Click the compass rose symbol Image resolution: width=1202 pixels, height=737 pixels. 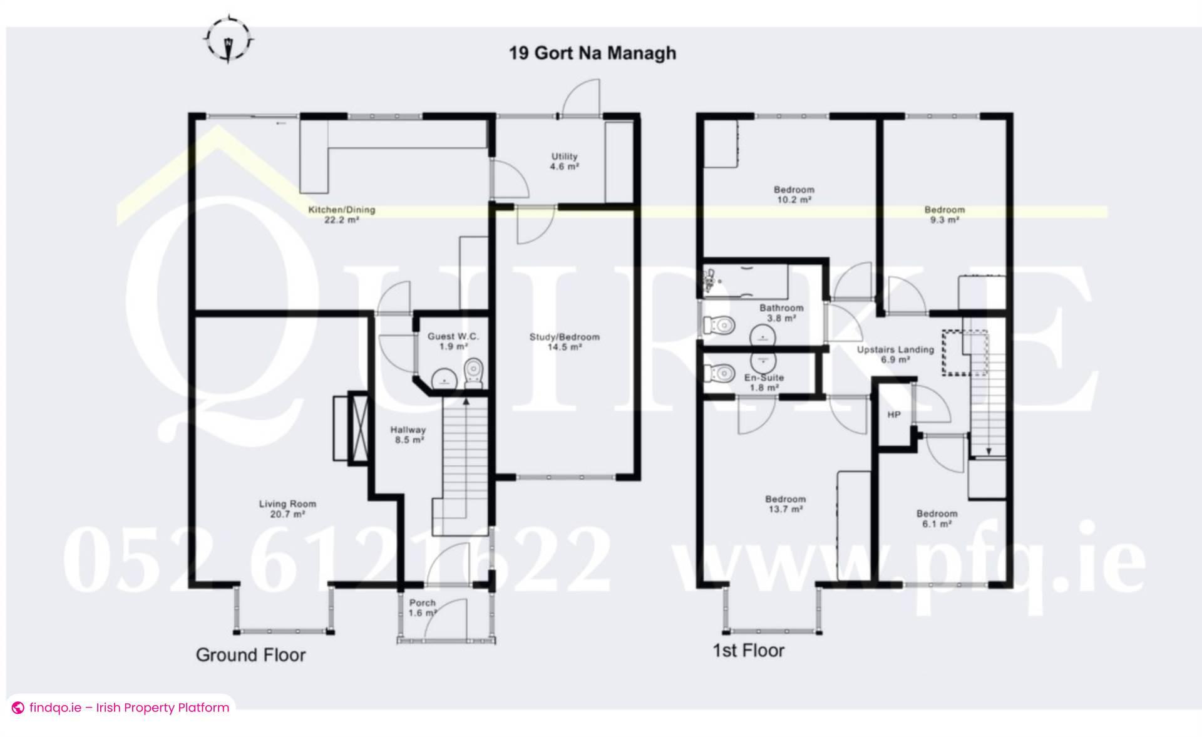click(229, 40)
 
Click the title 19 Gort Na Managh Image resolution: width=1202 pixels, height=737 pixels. click(592, 53)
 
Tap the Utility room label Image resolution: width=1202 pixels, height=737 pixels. click(564, 162)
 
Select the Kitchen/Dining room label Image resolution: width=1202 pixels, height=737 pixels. click(341, 214)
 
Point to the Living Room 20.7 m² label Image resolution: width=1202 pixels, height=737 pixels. click(287, 508)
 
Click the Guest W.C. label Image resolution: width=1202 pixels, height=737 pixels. click(453, 341)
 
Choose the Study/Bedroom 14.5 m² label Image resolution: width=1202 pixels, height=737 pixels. click(564, 341)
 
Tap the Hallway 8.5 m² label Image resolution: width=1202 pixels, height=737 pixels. click(408, 435)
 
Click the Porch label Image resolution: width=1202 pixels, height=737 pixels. click(423, 607)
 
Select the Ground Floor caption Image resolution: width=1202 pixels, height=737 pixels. click(250, 655)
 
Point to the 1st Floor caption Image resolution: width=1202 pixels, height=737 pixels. click(748, 651)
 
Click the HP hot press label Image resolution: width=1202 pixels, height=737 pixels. click(893, 415)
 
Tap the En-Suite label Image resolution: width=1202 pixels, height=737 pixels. click(764, 382)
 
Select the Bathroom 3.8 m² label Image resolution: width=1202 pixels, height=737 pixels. click(781, 312)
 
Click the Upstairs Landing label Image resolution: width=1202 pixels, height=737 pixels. click(895, 354)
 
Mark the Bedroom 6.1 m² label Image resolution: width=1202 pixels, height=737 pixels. click(937, 518)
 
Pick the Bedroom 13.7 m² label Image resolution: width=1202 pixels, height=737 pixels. click(785, 504)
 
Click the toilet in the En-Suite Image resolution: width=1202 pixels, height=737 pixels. click(719, 373)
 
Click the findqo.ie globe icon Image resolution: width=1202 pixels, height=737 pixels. click(18, 708)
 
